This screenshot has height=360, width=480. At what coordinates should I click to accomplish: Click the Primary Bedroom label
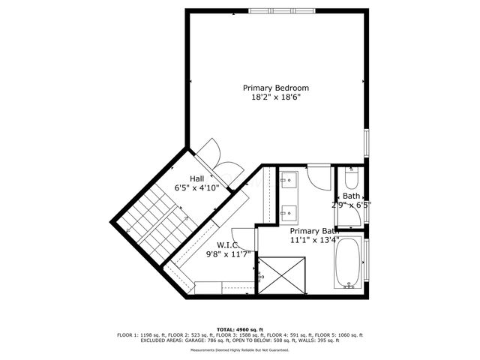pyautogui.click(x=275, y=88)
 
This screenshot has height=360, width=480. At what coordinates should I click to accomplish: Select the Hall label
pyautogui.click(x=196, y=178)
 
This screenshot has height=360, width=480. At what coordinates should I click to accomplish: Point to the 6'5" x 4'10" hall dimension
pyautogui.click(x=196, y=188)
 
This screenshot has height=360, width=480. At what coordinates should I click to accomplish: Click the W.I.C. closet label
pyautogui.click(x=227, y=244)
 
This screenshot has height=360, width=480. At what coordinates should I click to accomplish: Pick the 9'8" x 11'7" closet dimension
pyautogui.click(x=232, y=254)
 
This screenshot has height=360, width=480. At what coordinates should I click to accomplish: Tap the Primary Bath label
pyautogui.click(x=315, y=231)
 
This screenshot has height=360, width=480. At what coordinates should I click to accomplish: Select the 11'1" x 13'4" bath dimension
pyautogui.click(x=315, y=241)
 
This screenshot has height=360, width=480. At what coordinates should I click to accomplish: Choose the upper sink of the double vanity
pyautogui.click(x=289, y=180)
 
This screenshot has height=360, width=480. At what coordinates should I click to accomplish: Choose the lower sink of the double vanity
pyautogui.click(x=289, y=211)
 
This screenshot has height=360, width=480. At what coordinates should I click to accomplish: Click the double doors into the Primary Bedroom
pyautogui.click(x=212, y=154)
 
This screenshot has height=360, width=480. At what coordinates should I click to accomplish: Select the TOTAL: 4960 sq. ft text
pyautogui.click(x=239, y=329)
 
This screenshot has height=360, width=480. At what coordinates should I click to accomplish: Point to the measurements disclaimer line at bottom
pyautogui.click(x=239, y=350)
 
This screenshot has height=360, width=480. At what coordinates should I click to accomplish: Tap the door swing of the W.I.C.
pyautogui.click(x=243, y=235)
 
